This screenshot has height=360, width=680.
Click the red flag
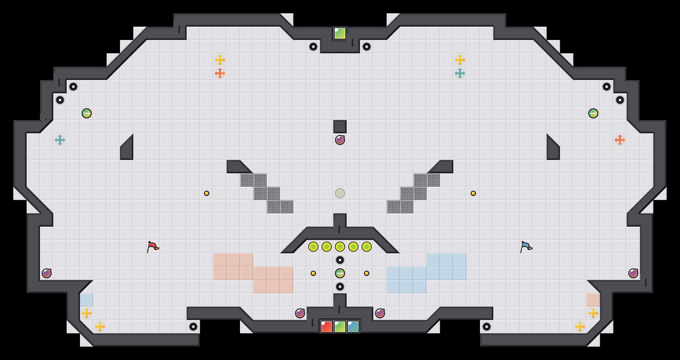coord(153,247)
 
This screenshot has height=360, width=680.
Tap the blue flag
coord(526,247)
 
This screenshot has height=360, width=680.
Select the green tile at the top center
coord(340,33)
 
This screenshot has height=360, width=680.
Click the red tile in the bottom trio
coord(327,327)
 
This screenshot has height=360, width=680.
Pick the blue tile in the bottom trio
coord(353,327)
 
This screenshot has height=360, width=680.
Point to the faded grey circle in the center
coord(340,193)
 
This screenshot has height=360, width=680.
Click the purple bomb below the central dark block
coord(340,140)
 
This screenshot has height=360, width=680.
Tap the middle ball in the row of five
coord(340,247)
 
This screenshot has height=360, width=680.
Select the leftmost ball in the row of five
coord(313,247)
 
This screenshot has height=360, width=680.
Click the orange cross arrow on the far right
coord(620,140)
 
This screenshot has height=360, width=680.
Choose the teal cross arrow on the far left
coord(60,140)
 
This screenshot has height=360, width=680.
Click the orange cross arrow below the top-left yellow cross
coord(220,73)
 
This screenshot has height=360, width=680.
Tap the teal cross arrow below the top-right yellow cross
coord(460,73)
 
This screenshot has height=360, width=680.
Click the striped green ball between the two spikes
coord(340,273)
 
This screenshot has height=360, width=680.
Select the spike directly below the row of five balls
coord(340,260)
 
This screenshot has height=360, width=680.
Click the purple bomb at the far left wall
coord(47,273)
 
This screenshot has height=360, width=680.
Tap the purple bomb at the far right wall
coord(633,273)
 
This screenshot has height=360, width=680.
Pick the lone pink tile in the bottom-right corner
coord(593,300)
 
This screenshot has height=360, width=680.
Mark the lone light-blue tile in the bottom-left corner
coord(87,300)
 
